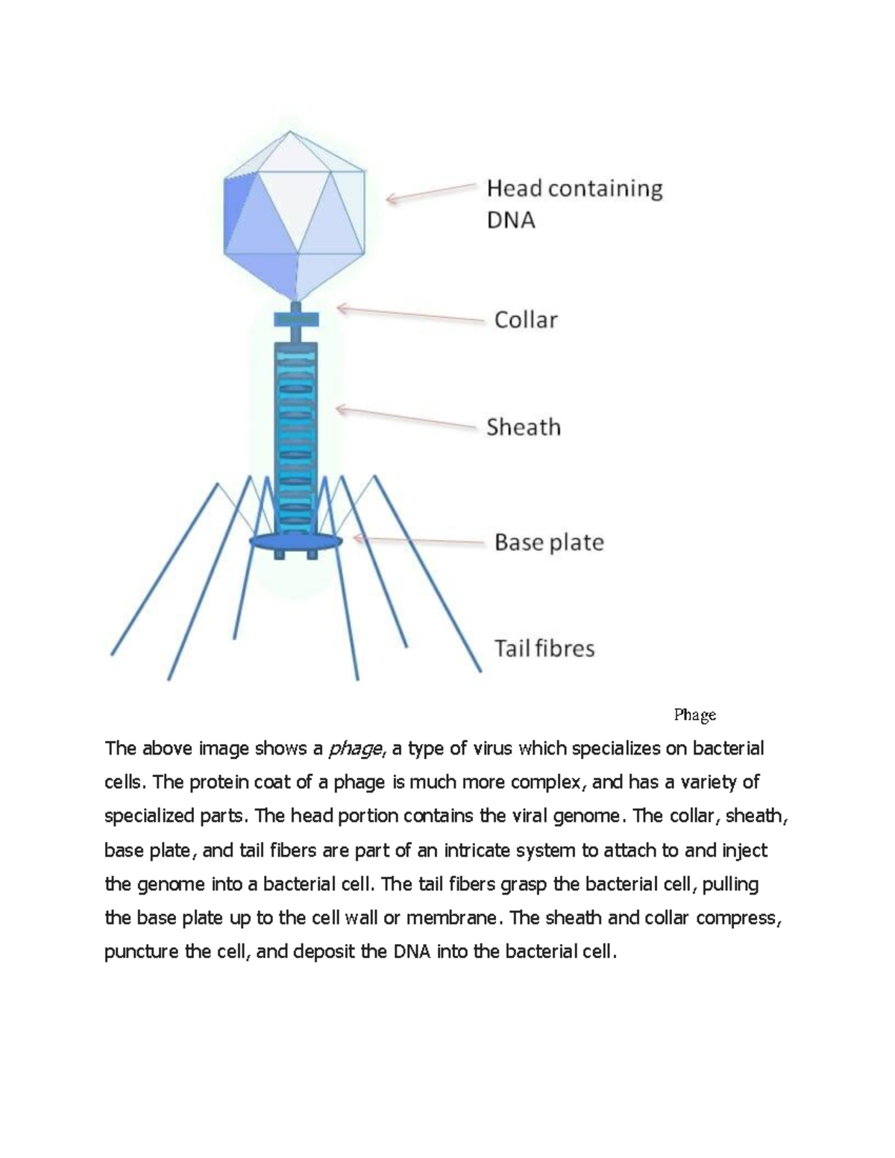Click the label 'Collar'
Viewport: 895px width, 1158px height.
(x=526, y=320)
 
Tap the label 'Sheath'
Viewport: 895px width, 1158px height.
(x=524, y=427)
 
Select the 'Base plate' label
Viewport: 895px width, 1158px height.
(x=549, y=542)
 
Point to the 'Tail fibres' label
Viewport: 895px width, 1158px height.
(x=544, y=648)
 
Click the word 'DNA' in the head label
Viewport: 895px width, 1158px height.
(x=511, y=221)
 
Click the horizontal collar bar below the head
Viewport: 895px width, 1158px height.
(x=296, y=320)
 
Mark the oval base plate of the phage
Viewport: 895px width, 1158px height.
(x=296, y=541)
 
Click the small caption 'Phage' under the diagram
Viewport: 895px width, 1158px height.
(x=694, y=715)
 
